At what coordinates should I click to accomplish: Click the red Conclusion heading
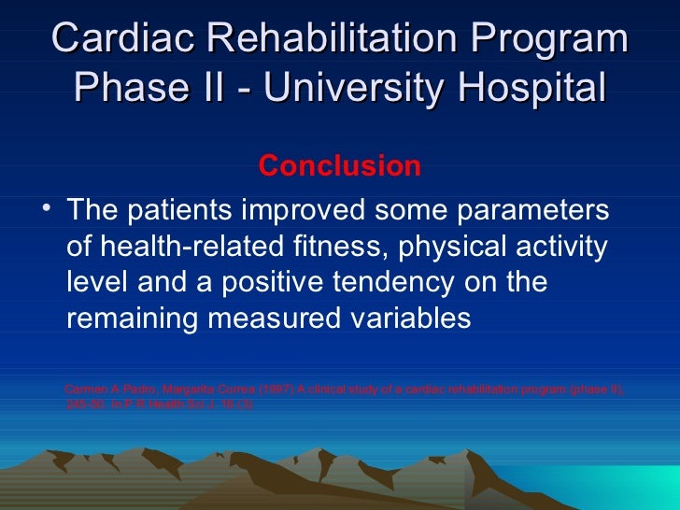point(340,166)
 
